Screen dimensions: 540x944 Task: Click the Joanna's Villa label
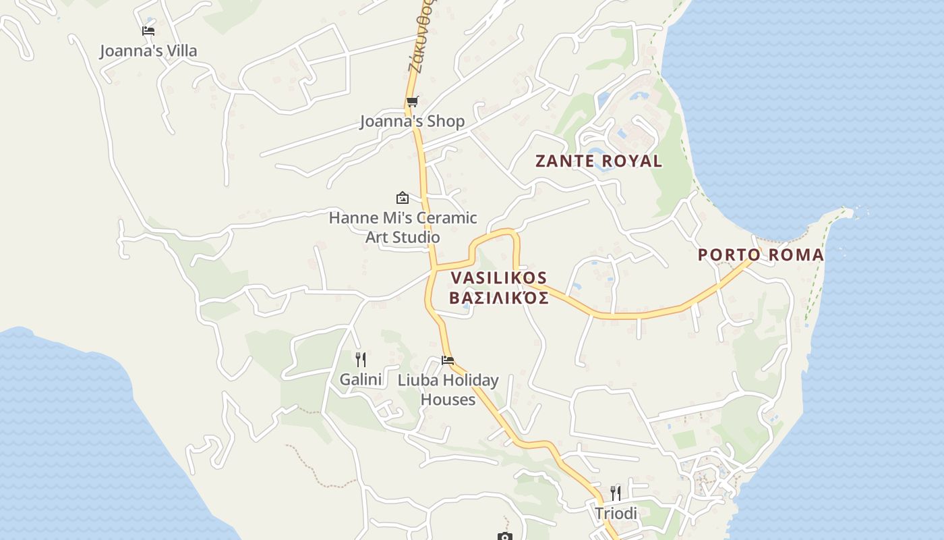(148, 51)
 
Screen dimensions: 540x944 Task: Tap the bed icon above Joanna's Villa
(148, 31)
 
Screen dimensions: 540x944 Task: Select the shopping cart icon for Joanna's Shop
(412, 102)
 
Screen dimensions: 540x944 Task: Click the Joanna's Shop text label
(412, 122)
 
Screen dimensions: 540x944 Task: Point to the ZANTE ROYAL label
(598, 161)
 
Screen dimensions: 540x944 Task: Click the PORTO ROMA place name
(761, 255)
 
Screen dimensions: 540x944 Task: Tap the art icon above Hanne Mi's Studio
(403, 198)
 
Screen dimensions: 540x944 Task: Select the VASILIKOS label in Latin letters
(498, 278)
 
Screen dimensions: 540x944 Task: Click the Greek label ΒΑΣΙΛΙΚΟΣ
(498, 298)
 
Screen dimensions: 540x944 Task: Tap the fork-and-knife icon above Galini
(361, 360)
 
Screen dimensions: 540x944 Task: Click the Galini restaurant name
(361, 379)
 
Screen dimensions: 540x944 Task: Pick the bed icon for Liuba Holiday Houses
(448, 360)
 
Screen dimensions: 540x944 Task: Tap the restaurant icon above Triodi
(615, 493)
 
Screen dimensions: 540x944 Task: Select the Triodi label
(616, 514)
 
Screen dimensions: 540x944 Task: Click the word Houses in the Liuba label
(448, 400)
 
